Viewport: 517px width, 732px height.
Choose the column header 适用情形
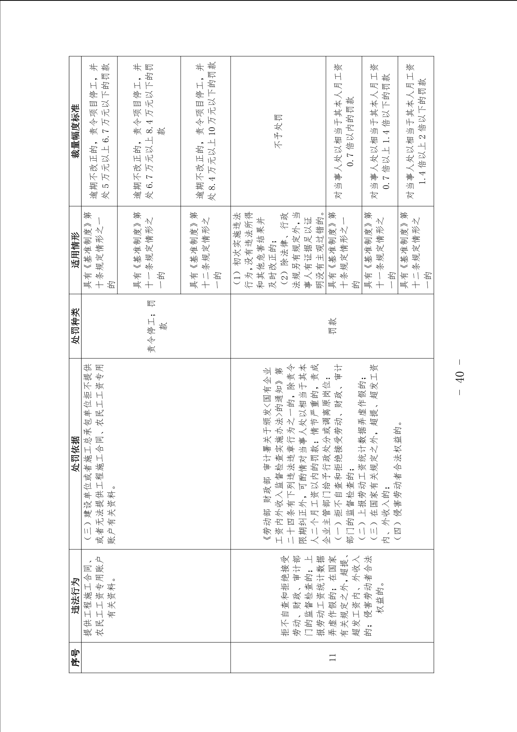pos(75,250)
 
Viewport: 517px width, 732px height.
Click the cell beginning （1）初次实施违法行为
pos(278,250)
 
